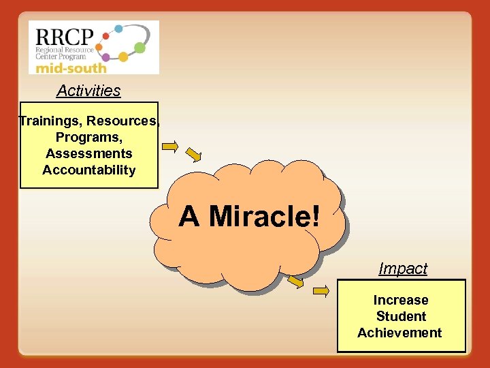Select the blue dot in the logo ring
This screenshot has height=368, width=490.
click(118, 29)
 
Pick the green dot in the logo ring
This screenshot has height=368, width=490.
click(140, 47)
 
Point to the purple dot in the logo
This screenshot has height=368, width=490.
click(106, 58)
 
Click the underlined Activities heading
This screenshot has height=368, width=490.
click(88, 91)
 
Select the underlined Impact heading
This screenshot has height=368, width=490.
click(403, 269)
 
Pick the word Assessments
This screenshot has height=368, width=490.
click(89, 154)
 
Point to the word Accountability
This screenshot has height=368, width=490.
click(89, 170)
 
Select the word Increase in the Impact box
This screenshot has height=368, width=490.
click(401, 301)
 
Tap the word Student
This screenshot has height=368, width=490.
click(401, 317)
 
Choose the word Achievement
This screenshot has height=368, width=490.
click(399, 333)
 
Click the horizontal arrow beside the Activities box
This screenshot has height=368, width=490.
click(169, 146)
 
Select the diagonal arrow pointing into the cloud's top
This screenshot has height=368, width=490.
click(195, 155)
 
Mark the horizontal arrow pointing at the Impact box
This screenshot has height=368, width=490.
click(321, 291)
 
